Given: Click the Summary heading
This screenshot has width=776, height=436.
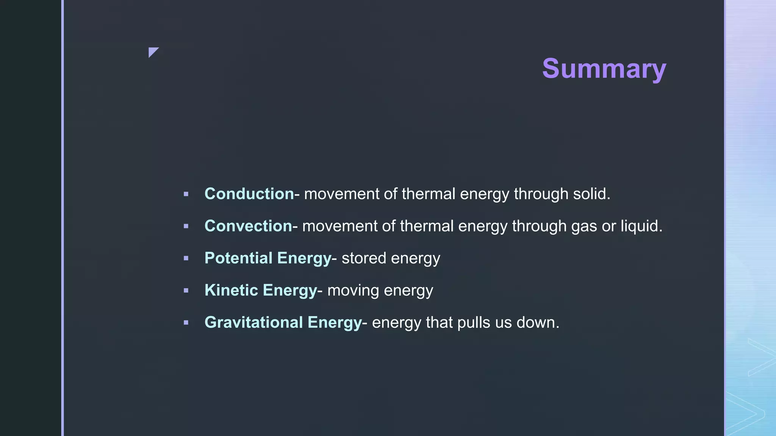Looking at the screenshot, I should point(604,69).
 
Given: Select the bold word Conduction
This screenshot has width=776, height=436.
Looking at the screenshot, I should point(249,194).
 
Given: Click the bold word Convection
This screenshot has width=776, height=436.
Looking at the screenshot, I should point(248,226).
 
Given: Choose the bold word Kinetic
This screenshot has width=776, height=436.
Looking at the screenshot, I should point(231,290).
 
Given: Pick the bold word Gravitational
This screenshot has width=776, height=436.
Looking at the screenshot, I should point(253,322).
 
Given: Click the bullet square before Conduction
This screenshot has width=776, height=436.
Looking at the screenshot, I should point(186,194).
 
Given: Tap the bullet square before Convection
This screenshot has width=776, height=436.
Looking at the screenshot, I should point(186,226).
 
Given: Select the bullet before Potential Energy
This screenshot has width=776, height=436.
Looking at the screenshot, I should point(186,258).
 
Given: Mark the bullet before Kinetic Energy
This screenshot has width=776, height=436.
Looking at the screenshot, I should point(186,291).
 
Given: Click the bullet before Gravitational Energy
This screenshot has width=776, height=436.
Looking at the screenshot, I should point(186,323).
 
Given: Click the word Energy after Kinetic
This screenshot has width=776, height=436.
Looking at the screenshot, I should point(289,291).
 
